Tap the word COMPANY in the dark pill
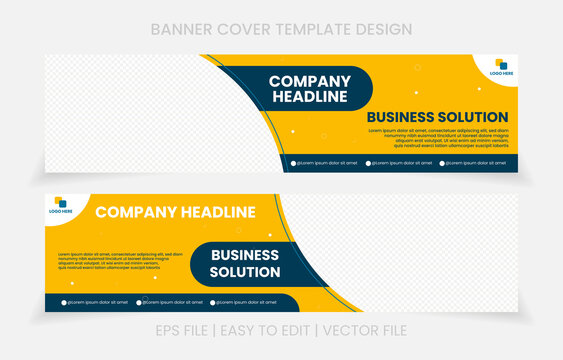[x=310, y=81]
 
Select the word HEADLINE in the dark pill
[x=310, y=97]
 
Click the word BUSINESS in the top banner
[x=402, y=117]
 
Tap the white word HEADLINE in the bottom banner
[x=213, y=212]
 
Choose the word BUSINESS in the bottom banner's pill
[x=245, y=255]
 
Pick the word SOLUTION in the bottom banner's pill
[x=245, y=271]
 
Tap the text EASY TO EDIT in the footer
[x=281, y=329]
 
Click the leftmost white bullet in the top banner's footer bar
[x=294, y=162]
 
